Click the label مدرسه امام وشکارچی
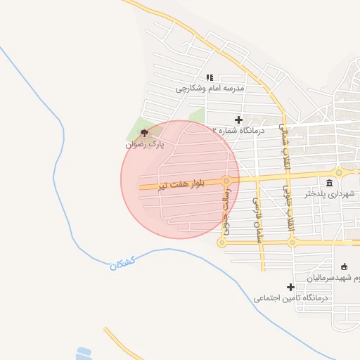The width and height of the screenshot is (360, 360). pos(209,89)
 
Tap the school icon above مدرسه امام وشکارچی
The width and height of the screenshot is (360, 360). pos(209,77)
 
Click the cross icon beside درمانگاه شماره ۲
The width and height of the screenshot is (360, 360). pos(239,120)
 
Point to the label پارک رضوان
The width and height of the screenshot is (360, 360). pos(145,143)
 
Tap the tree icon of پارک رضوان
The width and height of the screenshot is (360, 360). pos(145,132)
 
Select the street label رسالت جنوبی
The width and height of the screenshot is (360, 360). pos(226,213)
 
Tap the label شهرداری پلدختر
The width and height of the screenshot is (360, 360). pos(330,194)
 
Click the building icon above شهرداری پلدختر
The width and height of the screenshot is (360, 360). pos(330,183)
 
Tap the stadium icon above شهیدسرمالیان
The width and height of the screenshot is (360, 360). pos(344,266)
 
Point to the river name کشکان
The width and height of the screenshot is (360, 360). pos(121,262)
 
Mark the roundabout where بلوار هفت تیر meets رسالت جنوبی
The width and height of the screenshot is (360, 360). pos(226,181)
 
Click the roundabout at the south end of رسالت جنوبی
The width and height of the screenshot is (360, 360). pos(222,243)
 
